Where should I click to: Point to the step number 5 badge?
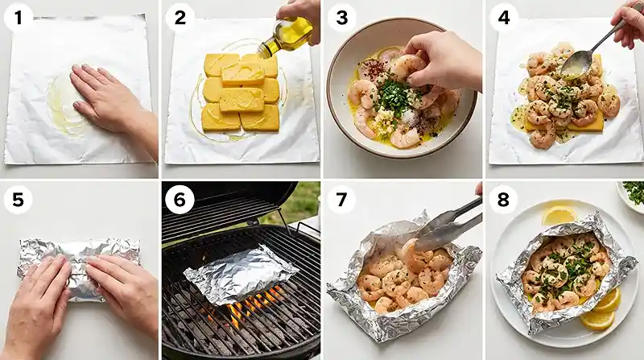point(19,198)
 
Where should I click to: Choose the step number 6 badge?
point(180,198)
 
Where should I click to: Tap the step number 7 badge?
point(342,198)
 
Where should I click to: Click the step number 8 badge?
point(504,198)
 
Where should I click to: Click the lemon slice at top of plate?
point(558,215)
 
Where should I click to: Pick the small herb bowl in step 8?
point(632,194)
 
